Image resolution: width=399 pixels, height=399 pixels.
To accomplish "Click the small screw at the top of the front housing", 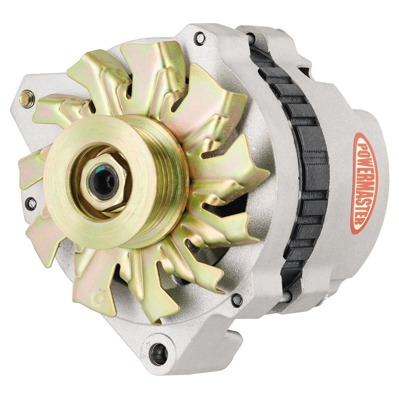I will point(200,37).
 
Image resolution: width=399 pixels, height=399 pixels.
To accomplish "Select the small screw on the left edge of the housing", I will point(31,202).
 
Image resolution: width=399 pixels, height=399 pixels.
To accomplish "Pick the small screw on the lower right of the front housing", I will point(237,299).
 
